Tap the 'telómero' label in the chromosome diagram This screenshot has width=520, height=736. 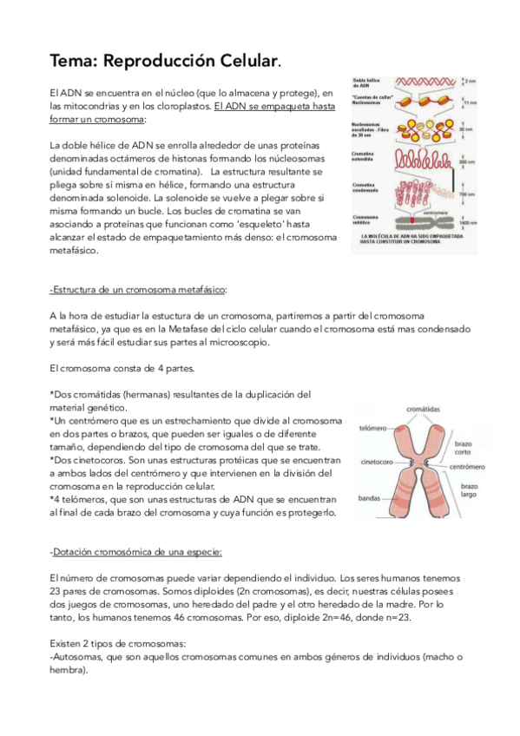tap(375, 429)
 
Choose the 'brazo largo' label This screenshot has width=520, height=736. tap(470, 492)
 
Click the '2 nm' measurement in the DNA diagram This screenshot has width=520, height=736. tap(470, 81)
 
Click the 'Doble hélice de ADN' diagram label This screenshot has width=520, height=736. tap(365, 83)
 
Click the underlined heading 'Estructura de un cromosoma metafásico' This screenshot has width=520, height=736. tap(139, 289)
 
